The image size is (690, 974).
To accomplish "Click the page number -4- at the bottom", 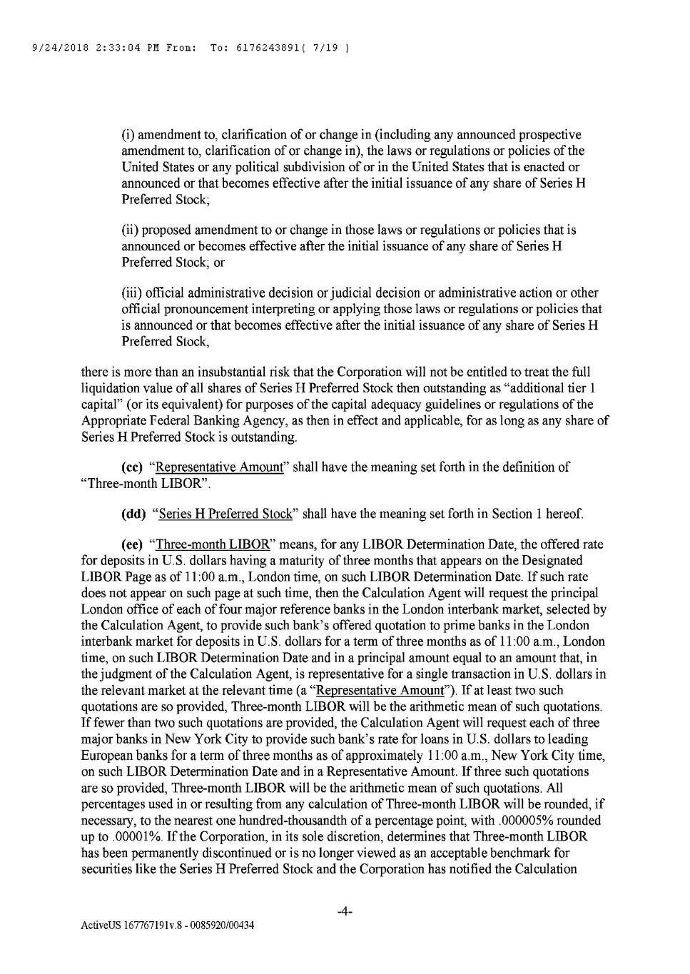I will click(x=345, y=911).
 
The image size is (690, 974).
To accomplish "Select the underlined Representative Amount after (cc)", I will click(x=217, y=467).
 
